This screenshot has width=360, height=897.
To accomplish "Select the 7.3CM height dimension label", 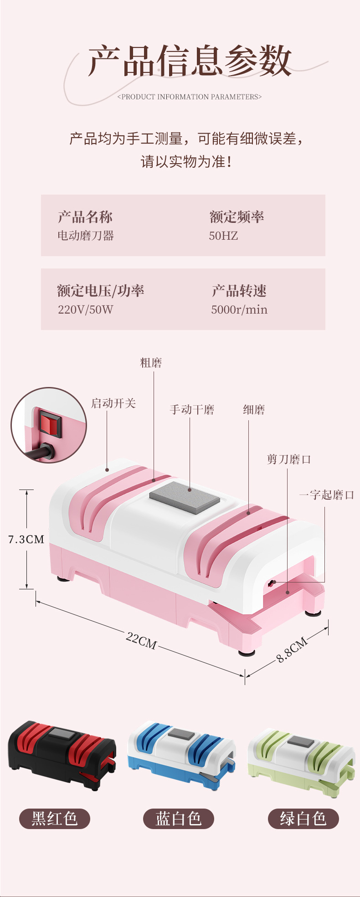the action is [x=26, y=539].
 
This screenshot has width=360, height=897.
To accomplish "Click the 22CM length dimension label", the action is [x=141, y=640].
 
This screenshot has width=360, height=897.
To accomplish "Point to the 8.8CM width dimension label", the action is [x=292, y=650].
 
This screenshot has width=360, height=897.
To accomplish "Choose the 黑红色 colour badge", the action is [x=54, y=819].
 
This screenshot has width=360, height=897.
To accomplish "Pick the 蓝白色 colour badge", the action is [x=179, y=819].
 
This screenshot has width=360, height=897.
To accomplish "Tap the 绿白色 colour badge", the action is [x=303, y=819].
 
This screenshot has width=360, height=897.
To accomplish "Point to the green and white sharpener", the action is [x=301, y=754].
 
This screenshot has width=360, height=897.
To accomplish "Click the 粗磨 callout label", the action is [x=151, y=363].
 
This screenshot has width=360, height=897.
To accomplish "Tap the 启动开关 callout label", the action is [x=113, y=403].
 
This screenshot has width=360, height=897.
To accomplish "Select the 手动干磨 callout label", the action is [x=192, y=409].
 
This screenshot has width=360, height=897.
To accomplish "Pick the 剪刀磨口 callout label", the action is [x=289, y=459].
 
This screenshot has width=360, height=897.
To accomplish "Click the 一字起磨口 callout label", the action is [x=326, y=495].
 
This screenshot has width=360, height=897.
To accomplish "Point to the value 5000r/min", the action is [x=239, y=309].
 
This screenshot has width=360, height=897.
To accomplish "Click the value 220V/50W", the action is [x=85, y=309].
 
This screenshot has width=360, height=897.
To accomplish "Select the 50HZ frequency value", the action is [x=223, y=236].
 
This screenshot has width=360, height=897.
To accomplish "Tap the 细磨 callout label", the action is [x=254, y=409].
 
